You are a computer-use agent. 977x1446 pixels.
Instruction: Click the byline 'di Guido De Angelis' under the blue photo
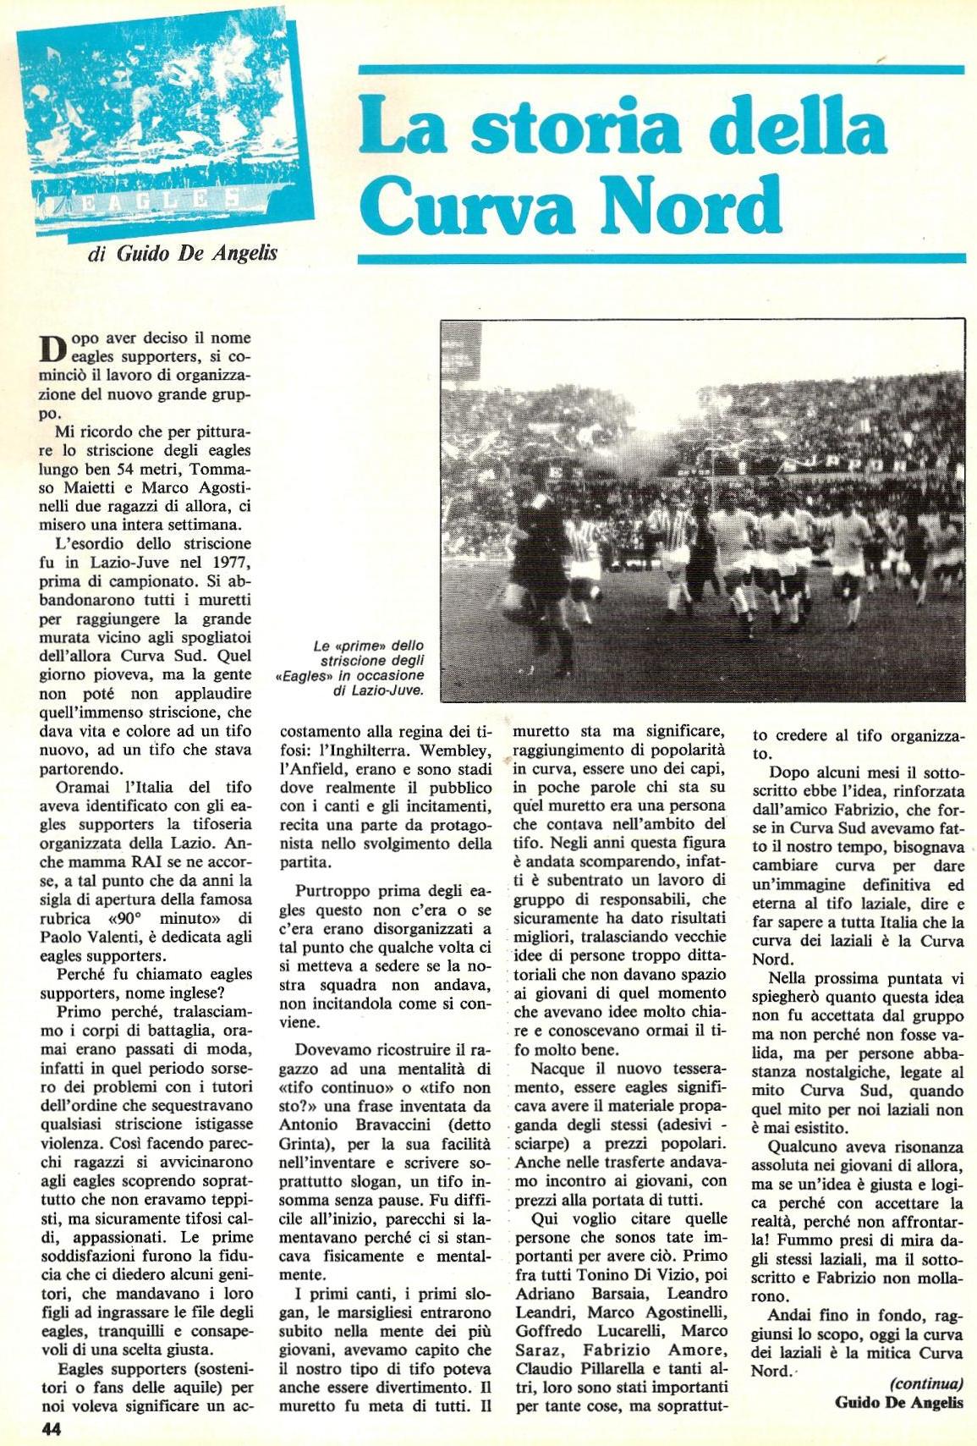click(x=184, y=254)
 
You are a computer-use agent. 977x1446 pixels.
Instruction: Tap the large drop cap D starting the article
click(x=52, y=349)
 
